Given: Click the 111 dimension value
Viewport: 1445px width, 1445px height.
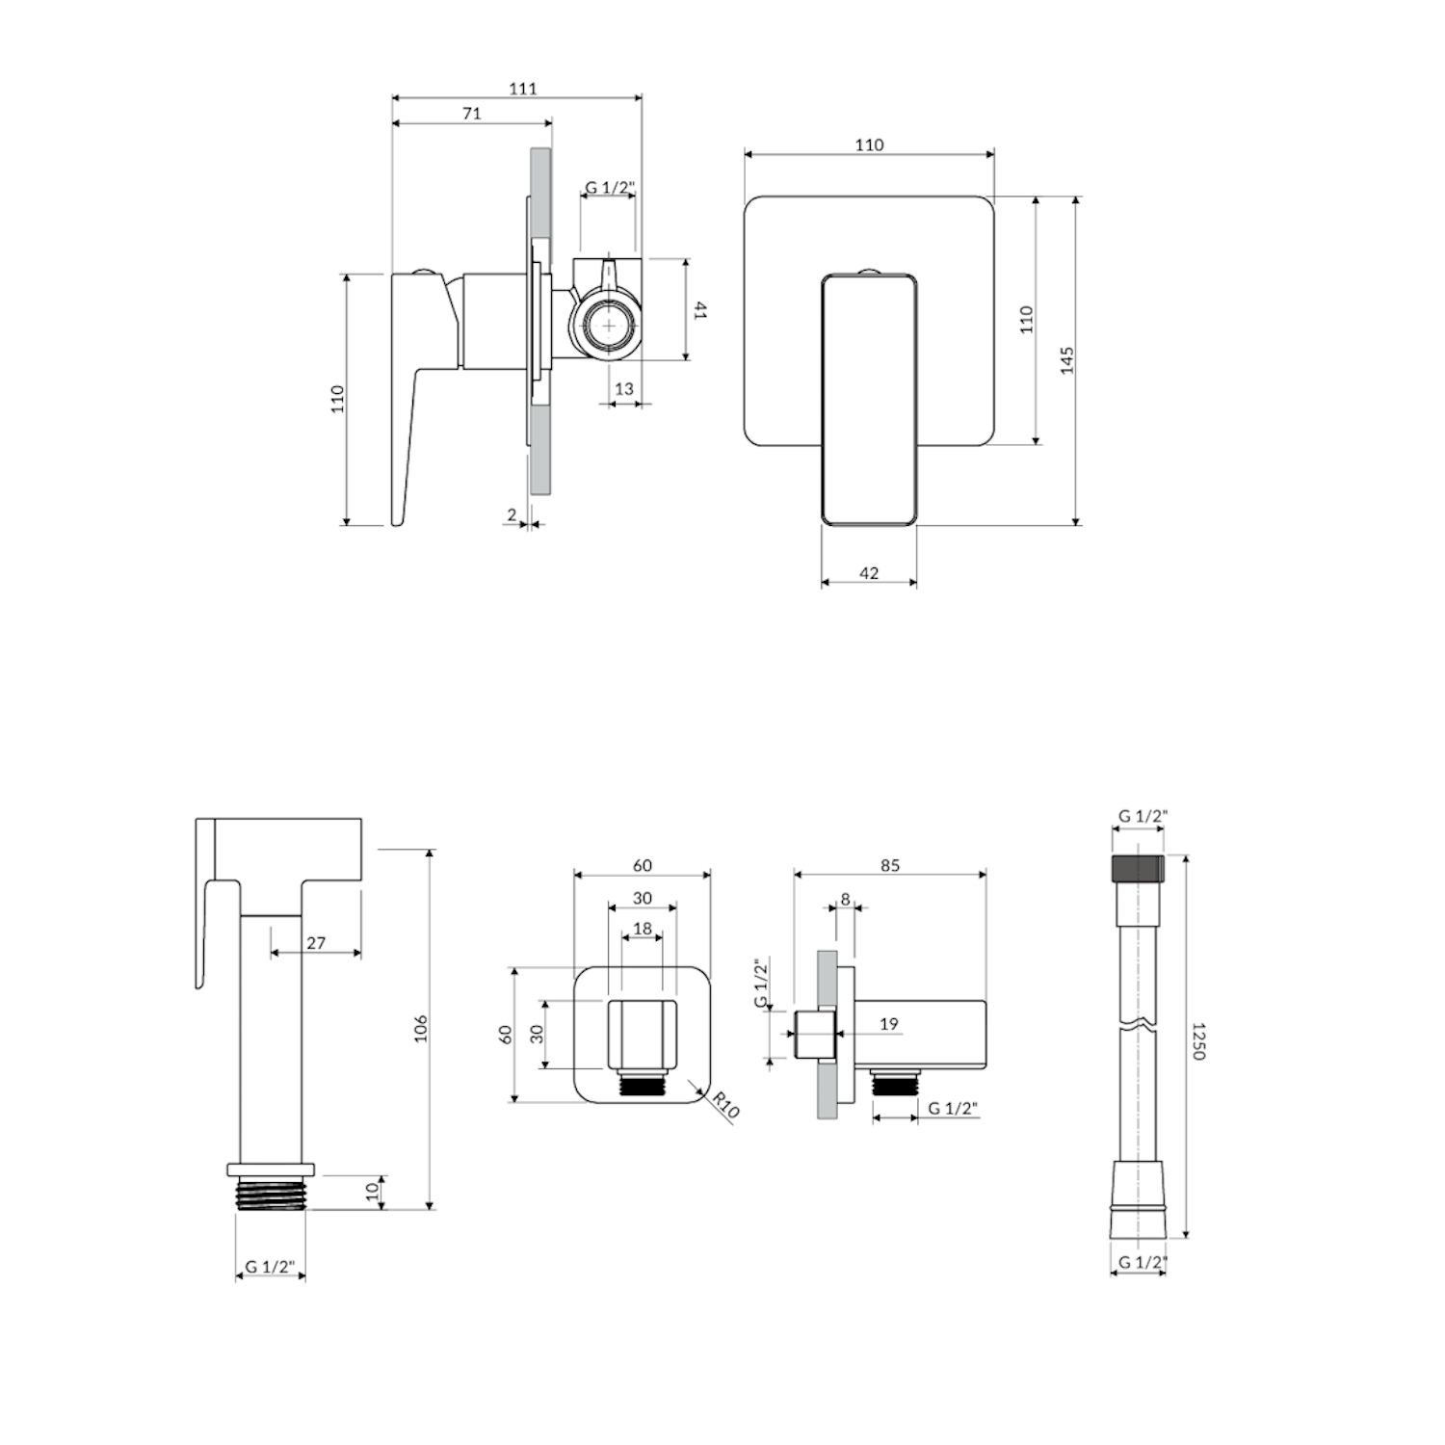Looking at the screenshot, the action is (522, 89).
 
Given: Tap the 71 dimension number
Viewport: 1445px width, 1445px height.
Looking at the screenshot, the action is (471, 114).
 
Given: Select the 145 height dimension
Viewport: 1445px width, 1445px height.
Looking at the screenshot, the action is (1066, 360).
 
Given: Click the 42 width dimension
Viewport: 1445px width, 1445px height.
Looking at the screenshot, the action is (869, 573).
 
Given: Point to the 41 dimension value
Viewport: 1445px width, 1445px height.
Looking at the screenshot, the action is (701, 310).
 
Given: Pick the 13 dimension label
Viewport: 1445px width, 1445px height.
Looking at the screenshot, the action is (624, 388).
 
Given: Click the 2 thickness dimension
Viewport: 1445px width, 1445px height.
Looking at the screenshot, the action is (512, 515).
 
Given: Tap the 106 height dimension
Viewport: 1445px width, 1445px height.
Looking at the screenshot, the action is (420, 1029).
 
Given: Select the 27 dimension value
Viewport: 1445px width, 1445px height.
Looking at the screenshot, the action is (316, 943).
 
